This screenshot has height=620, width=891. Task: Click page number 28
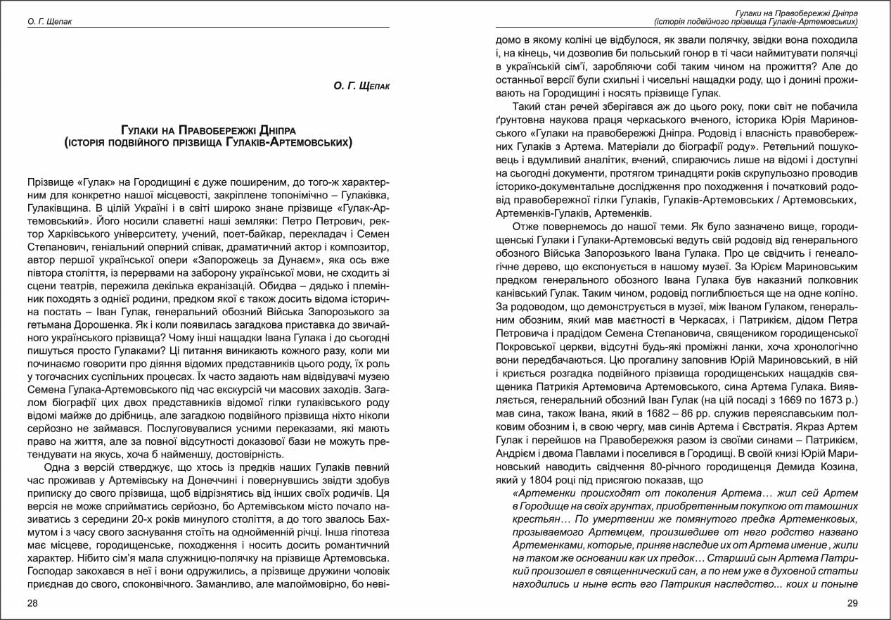point(33,603)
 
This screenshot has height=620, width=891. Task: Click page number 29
point(852,603)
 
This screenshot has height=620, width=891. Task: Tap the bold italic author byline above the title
point(361,86)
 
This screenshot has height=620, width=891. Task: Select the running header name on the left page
point(49,22)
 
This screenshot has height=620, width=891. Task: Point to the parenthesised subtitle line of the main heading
point(208,143)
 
